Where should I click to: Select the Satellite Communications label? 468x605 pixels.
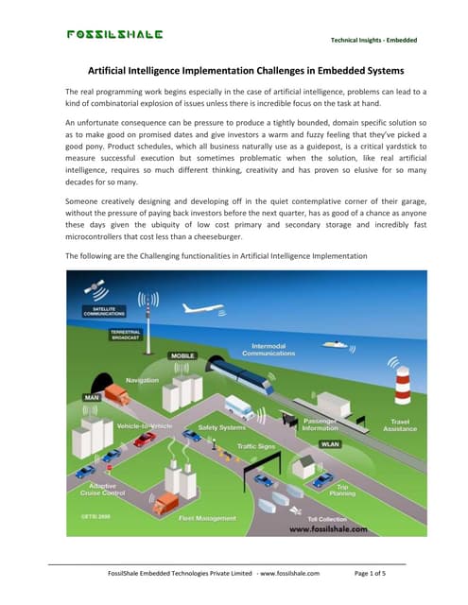point(105,310)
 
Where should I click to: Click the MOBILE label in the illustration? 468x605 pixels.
point(183,355)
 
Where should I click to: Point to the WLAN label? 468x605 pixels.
point(330,442)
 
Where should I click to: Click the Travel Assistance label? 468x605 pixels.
point(399,425)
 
